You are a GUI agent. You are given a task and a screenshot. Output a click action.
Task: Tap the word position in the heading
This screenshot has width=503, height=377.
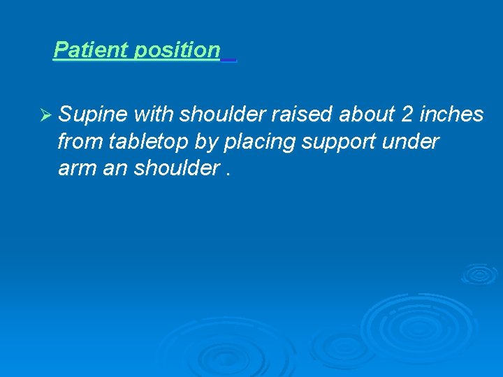177,50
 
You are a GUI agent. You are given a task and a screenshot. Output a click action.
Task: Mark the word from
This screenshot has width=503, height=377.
80,142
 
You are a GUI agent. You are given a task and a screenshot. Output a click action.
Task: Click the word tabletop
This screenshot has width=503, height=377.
149,142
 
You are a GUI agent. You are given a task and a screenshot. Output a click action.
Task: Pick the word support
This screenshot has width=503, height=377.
338,142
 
